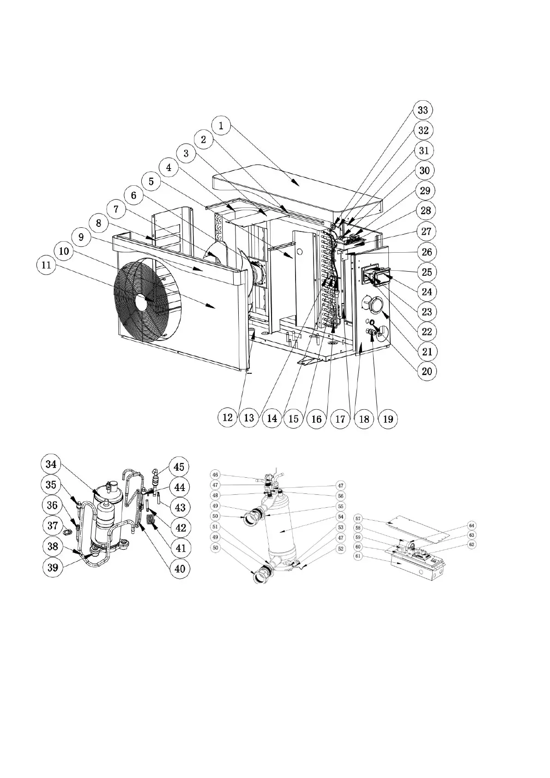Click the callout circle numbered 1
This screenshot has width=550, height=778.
pos(222,125)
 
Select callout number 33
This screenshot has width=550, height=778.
pos(423,110)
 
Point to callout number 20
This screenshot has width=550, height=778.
pos(427,371)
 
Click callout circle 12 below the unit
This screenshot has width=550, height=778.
pos(228,418)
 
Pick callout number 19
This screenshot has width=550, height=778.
pos(388,419)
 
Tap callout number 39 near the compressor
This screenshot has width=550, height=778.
pos(53,567)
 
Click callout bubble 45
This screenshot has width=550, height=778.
pos(179,467)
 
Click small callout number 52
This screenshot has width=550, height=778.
pos(341,549)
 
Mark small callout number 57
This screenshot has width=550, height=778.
pos(358,519)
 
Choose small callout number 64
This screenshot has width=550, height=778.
pos(471,525)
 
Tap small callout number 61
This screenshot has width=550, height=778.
pos(358,556)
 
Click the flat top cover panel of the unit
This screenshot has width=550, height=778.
pos(296,189)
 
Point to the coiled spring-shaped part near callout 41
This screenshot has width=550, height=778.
pos(150,520)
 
